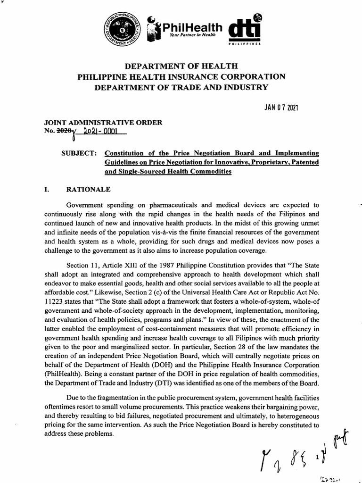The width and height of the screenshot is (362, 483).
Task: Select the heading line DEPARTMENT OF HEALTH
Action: [181, 67]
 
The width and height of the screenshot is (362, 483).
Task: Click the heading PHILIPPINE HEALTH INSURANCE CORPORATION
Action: [181, 76]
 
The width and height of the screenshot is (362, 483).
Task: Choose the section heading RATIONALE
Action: [88, 190]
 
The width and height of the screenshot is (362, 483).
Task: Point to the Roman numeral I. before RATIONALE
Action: [46, 190]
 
